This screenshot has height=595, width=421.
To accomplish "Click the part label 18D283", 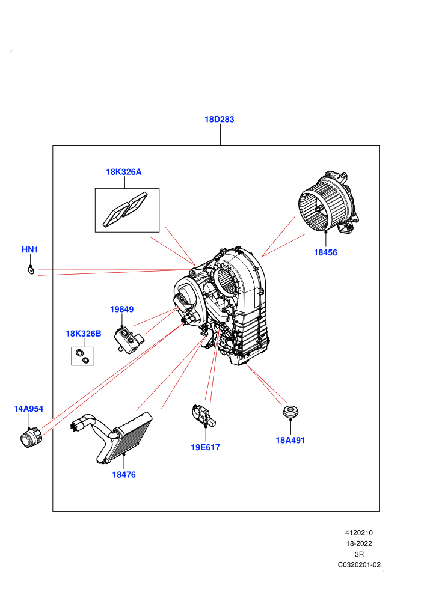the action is click(x=220, y=119).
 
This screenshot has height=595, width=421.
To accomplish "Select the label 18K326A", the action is click(x=124, y=172).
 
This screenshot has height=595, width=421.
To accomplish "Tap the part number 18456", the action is click(x=325, y=252).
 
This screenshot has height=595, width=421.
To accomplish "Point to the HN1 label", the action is click(x=29, y=249).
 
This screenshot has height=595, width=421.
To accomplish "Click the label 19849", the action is click(x=122, y=310).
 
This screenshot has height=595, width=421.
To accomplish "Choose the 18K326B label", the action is click(x=84, y=334).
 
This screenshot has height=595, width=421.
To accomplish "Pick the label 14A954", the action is click(x=28, y=409).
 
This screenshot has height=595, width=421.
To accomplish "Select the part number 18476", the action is click(x=124, y=474).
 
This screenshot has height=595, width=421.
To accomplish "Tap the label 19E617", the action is click(x=205, y=447).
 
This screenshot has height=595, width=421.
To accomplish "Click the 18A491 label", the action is click(x=290, y=440).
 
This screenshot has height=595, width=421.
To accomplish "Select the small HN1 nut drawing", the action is click(x=31, y=270).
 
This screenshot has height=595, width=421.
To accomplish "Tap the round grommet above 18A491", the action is click(x=290, y=411).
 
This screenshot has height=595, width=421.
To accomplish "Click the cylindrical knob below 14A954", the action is click(x=31, y=438).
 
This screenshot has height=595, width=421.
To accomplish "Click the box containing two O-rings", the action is click(x=83, y=356).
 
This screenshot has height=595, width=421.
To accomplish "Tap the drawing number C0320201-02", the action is click(x=359, y=564).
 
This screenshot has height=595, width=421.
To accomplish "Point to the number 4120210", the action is click(x=359, y=532).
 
